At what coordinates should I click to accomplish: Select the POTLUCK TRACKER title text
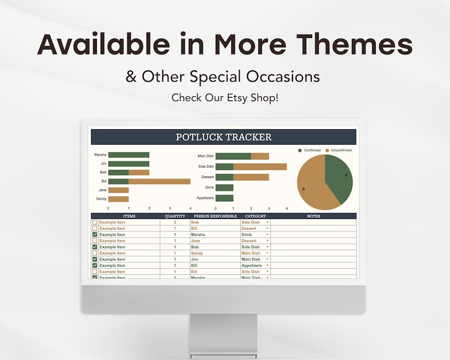click(223, 137)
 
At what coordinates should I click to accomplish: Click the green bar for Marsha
click(129, 155)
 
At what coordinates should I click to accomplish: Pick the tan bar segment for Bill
click(159, 181)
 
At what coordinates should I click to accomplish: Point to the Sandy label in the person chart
click(101, 199)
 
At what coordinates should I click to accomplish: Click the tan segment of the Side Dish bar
click(260, 167)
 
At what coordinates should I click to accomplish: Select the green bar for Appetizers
click(224, 198)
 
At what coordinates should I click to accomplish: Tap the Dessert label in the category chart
click(207, 177)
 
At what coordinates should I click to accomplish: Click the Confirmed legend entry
click(310, 150)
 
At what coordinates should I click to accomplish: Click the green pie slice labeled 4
click(339, 177)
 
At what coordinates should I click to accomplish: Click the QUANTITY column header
click(175, 216)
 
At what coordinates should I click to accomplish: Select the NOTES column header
click(313, 216)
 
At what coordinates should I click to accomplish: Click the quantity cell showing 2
click(175, 222)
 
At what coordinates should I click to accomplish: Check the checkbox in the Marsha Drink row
click(95, 235)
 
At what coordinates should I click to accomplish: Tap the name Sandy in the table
click(197, 253)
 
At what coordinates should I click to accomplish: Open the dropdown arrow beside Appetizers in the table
click(268, 265)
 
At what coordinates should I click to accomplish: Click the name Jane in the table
click(196, 241)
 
